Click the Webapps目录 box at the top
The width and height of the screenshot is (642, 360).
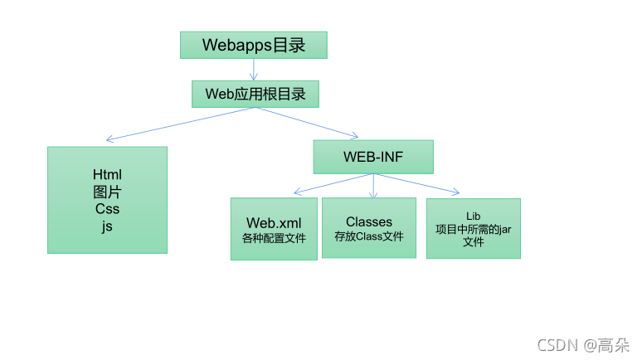click(254, 45)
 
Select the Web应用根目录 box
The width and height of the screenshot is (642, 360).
click(255, 94)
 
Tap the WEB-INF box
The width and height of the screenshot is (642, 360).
click(372, 157)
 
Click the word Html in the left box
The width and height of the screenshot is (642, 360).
click(108, 174)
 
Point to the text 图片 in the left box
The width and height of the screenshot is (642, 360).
click(108, 192)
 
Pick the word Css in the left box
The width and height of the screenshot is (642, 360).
click(108, 208)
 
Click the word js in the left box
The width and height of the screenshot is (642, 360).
click(108, 225)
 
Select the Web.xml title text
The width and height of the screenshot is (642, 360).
click(274, 223)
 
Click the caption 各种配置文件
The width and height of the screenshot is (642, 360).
click(274, 238)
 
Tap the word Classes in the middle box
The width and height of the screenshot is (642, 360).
click(369, 221)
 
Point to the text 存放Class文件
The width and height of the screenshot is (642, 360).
click(369, 236)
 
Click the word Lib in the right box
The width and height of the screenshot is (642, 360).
click(473, 216)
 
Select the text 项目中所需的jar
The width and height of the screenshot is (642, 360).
click(473, 230)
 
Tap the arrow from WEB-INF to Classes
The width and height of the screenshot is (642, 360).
click(373, 186)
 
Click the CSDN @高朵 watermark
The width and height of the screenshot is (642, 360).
click(584, 344)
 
